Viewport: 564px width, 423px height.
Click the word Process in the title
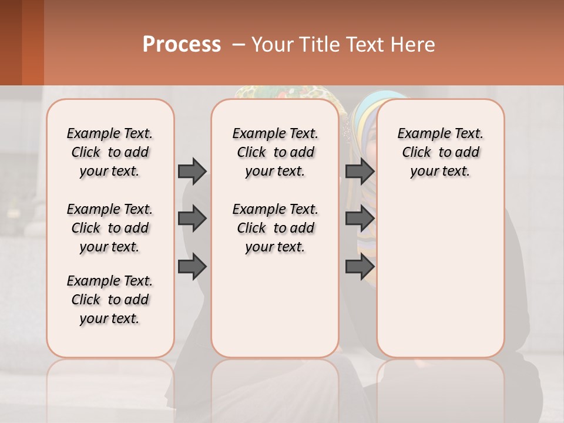click(x=182, y=45)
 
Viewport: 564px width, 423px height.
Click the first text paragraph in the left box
click(x=110, y=152)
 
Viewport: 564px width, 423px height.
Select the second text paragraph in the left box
click(x=110, y=228)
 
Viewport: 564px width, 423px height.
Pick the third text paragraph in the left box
click(x=110, y=300)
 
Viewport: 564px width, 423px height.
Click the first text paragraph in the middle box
click(x=275, y=152)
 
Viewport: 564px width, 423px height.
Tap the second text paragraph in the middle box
click(x=275, y=228)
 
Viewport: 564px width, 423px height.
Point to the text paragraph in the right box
click(x=440, y=152)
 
